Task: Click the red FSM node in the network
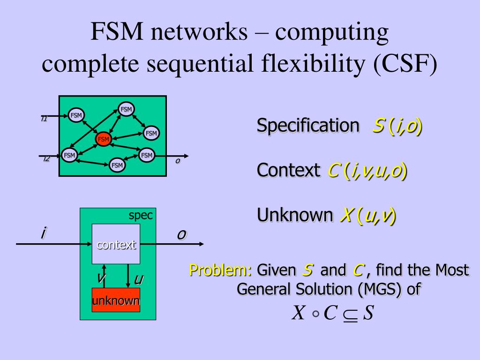(x=103, y=139)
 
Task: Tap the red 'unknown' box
(x=116, y=300)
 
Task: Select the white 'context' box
(x=116, y=244)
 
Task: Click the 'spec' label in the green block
(x=141, y=216)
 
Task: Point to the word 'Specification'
(x=307, y=126)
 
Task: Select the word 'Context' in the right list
(x=288, y=170)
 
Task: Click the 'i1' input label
(x=44, y=119)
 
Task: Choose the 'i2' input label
(x=46, y=159)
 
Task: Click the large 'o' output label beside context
(x=181, y=234)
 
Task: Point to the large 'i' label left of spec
(x=43, y=232)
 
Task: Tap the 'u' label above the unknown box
(x=138, y=280)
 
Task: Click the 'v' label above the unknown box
(x=100, y=278)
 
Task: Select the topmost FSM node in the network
(x=126, y=109)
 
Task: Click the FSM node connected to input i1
(x=76, y=115)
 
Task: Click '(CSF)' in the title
(x=405, y=64)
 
